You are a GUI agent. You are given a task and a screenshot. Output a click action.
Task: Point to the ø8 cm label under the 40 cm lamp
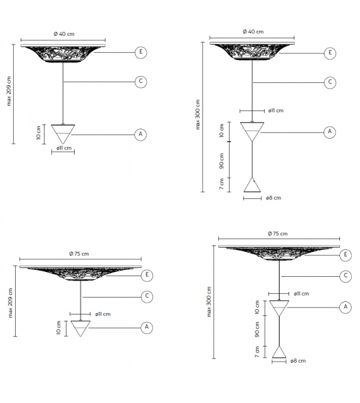pyautogui.click(x=273, y=198)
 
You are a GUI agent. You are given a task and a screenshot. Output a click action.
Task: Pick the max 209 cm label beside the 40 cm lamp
pyautogui.click(x=9, y=91)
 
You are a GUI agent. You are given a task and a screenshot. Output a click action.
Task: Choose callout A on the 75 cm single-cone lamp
pyautogui.click(x=147, y=327)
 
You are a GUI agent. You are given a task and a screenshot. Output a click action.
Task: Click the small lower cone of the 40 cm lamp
pyautogui.click(x=252, y=185)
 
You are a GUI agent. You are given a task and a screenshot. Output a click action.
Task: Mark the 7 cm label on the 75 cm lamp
pyautogui.click(x=257, y=353)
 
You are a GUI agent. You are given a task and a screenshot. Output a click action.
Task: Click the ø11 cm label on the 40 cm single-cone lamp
pyautogui.click(x=64, y=149)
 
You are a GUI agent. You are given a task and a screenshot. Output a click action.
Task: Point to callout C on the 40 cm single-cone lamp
pyautogui.click(x=141, y=82)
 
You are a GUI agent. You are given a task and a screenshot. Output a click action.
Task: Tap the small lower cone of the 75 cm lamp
pyautogui.click(x=279, y=352)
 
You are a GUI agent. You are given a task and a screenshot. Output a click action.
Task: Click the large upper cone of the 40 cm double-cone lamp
pyautogui.click(x=252, y=132)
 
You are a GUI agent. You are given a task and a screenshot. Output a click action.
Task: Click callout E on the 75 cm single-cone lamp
pyautogui.click(x=147, y=275)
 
